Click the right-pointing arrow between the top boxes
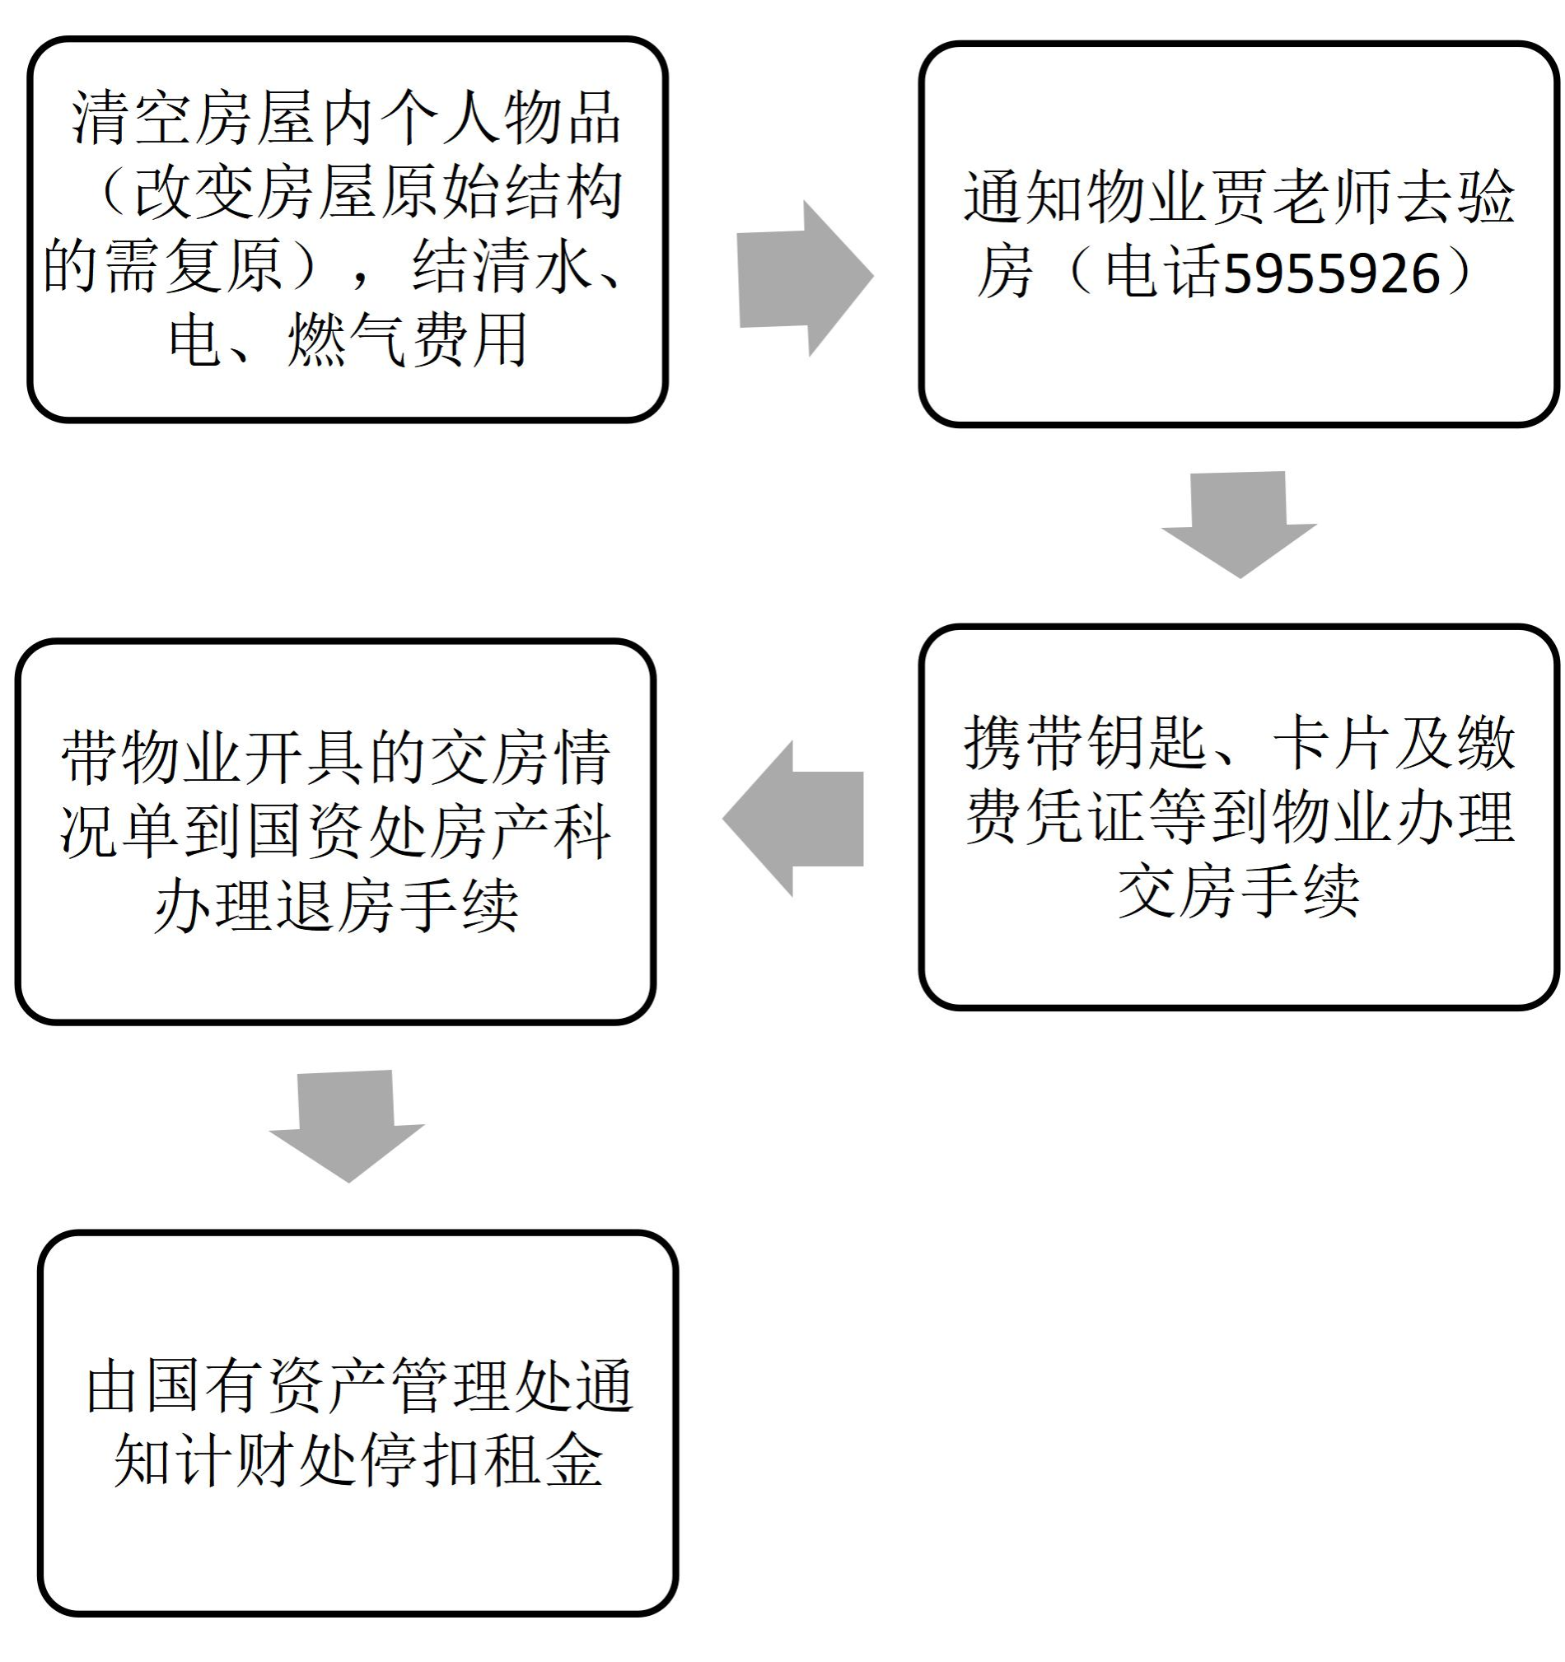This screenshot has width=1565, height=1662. [x=803, y=278]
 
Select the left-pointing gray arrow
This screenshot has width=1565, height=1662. [x=793, y=819]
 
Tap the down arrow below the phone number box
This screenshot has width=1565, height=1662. [x=1239, y=522]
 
